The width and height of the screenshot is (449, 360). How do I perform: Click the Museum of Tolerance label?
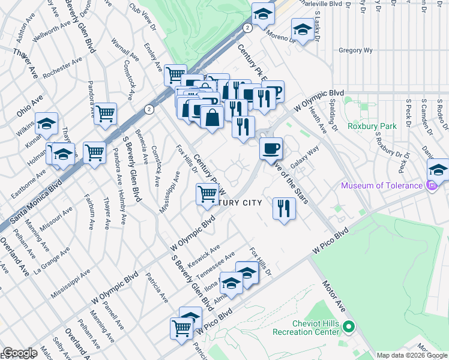click(382, 185)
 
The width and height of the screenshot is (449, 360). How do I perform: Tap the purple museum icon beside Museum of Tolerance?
click(430, 185)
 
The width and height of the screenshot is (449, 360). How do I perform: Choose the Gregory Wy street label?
click(356, 51)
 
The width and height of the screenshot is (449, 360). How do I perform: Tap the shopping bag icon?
click(212, 116)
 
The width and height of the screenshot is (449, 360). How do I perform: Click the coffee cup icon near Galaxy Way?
click(271, 147)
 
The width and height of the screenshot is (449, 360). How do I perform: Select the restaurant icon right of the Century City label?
click(284, 208)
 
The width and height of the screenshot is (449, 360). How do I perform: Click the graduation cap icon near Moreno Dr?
click(303, 29)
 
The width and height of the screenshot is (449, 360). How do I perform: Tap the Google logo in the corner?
click(19, 353)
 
